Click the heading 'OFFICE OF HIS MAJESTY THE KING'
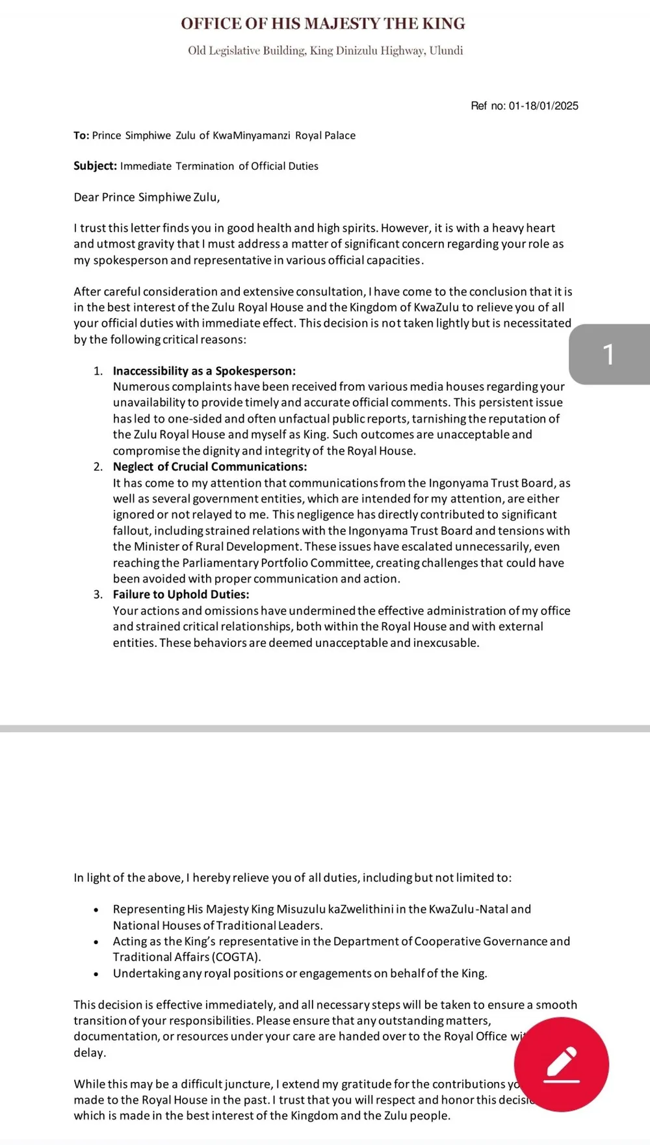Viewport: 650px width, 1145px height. point(323,24)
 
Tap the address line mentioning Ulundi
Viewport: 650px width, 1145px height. point(325,51)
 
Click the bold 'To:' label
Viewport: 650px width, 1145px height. point(81,135)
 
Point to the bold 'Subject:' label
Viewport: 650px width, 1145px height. point(95,166)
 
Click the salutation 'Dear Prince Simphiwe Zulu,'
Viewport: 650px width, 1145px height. point(147,197)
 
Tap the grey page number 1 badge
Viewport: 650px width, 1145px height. point(609,354)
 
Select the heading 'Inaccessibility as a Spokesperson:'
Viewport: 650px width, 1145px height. point(204,371)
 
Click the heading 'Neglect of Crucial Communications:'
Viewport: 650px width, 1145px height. point(210,467)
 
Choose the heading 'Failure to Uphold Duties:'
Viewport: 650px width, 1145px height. point(181,594)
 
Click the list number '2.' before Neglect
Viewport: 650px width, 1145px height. point(98,467)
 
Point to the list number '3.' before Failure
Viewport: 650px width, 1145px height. point(98,594)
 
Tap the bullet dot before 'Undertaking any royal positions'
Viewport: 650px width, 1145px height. point(96,974)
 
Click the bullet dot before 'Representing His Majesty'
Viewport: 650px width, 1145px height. point(96,910)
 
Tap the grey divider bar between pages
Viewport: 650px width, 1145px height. point(325,729)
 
